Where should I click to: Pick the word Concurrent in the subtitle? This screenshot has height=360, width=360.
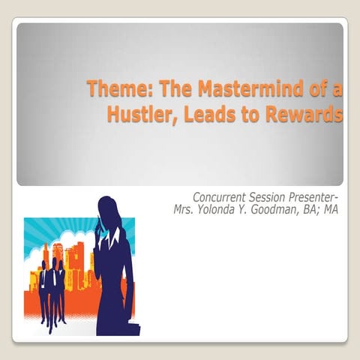(x=221, y=198)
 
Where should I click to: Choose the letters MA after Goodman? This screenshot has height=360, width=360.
(x=331, y=210)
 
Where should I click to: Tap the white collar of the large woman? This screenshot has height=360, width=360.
(x=112, y=239)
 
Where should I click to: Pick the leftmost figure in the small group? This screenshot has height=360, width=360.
(x=43, y=292)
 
